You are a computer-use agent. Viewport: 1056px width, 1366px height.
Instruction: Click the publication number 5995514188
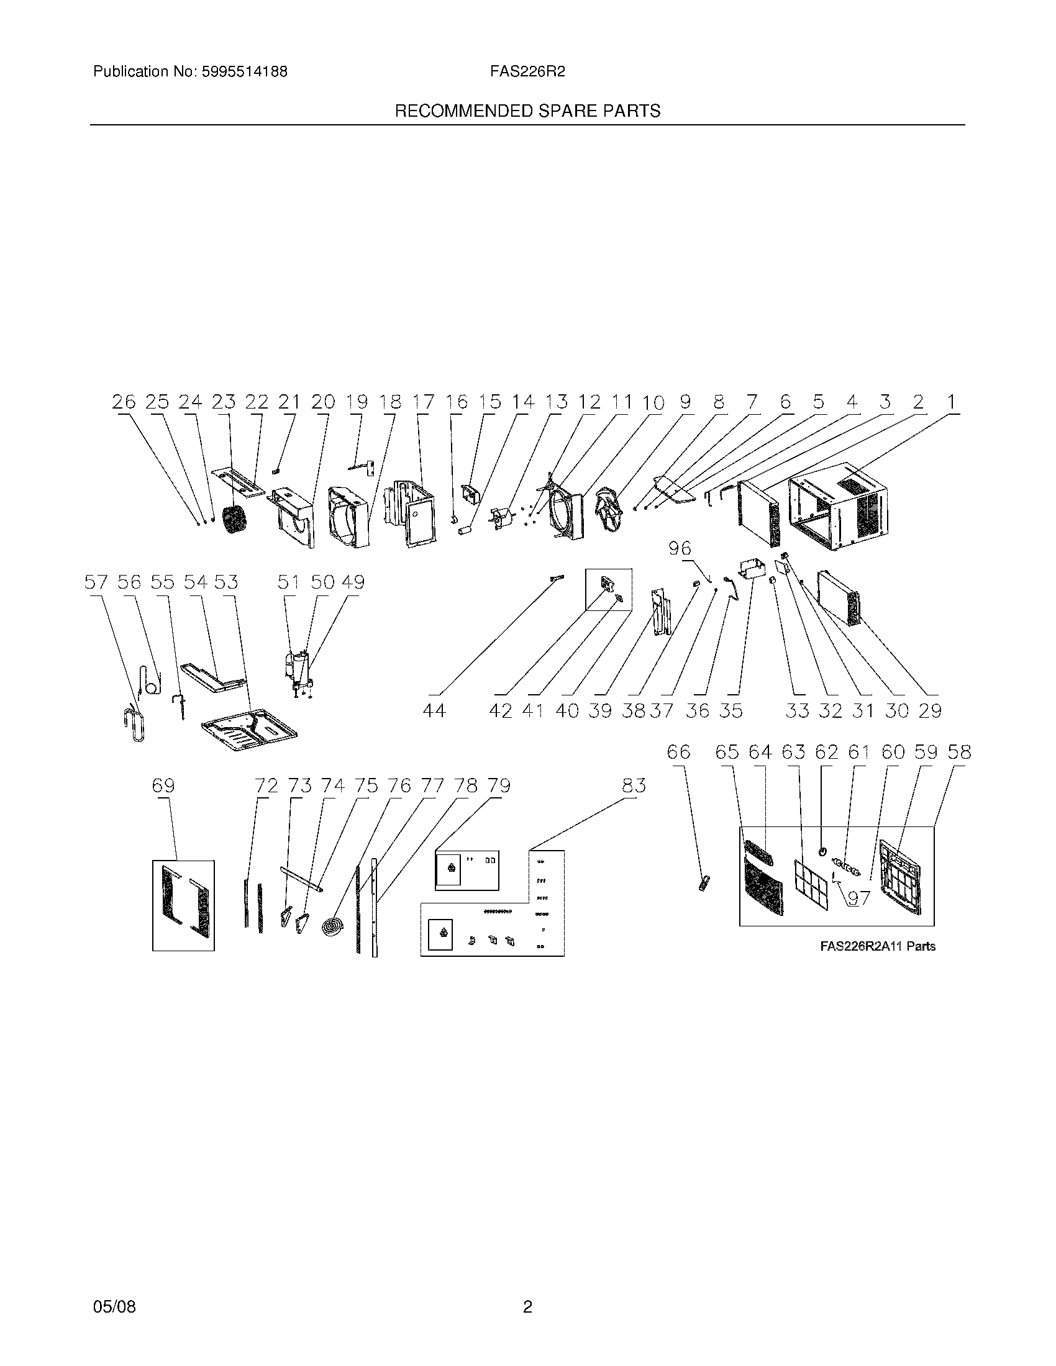[x=244, y=72]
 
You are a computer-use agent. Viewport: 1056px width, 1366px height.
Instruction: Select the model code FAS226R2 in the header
[x=527, y=72]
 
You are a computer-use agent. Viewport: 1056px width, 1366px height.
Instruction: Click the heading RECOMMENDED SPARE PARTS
[x=527, y=111]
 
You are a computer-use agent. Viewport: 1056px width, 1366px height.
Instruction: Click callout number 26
[x=124, y=402]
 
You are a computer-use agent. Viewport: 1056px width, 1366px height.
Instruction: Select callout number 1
[x=951, y=402]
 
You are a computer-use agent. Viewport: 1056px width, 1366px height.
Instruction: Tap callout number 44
[x=434, y=710]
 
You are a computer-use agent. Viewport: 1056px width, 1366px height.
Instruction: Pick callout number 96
[x=680, y=548]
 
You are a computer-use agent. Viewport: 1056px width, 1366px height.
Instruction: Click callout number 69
[x=163, y=785]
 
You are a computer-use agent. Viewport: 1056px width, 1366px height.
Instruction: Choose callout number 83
[x=634, y=785]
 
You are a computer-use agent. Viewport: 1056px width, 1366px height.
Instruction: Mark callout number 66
[x=679, y=752]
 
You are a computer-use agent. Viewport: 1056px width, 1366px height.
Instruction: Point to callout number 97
[x=859, y=898]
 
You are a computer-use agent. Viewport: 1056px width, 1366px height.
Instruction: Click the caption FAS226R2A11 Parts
[x=878, y=946]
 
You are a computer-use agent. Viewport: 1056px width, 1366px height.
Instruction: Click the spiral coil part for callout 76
[x=332, y=927]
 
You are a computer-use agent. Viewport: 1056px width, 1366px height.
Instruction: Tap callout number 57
[x=96, y=583]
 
